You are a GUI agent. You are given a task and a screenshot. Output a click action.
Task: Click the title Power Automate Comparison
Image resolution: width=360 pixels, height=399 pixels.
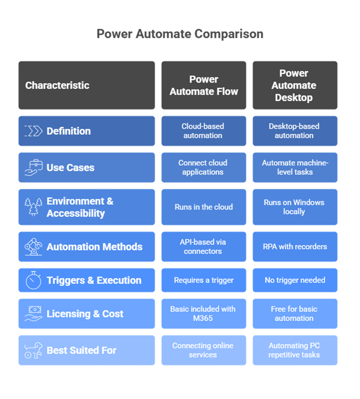(179, 34)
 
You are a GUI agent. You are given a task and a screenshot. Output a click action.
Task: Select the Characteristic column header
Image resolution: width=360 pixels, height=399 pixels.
(87, 85)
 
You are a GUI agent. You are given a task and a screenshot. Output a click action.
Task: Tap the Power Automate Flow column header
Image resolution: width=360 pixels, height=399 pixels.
(204, 85)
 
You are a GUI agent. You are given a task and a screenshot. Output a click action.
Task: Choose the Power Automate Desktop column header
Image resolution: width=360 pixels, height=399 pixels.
(294, 85)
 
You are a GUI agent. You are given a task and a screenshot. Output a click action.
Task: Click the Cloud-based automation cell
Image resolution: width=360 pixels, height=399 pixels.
(204, 131)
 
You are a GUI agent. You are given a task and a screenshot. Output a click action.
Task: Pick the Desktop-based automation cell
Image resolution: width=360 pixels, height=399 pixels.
(294, 131)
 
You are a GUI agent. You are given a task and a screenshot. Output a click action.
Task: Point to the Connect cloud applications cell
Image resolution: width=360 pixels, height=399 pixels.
(204, 167)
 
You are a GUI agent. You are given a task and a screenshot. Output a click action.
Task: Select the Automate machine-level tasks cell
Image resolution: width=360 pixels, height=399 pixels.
(294, 167)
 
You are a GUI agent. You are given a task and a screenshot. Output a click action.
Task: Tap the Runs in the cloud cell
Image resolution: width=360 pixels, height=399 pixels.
(204, 207)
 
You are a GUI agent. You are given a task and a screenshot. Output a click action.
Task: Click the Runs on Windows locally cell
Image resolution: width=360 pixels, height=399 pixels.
(294, 207)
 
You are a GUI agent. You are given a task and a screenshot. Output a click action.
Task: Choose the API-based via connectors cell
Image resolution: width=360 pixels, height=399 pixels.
(204, 247)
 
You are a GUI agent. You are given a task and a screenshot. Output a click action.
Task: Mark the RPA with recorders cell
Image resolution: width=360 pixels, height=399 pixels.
(294, 247)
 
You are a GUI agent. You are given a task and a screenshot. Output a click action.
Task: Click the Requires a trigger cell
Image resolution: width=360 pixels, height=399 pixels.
(204, 280)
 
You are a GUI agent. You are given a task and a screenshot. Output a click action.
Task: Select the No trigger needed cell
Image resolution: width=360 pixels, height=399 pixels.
(294, 280)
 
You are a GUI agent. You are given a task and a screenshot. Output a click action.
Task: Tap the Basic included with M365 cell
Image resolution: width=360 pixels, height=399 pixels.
(204, 314)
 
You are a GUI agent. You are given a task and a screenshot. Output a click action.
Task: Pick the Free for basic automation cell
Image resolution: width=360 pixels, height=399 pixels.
(294, 314)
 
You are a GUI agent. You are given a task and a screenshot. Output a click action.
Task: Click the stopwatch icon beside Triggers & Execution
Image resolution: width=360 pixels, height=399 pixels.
(33, 280)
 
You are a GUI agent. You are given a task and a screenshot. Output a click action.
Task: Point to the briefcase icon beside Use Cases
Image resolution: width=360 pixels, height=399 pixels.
(33, 167)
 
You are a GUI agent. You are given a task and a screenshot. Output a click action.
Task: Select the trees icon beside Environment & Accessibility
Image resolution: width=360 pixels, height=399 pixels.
(33, 207)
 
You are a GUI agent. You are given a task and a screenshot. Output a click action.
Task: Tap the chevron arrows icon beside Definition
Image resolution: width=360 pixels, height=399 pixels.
(33, 131)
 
